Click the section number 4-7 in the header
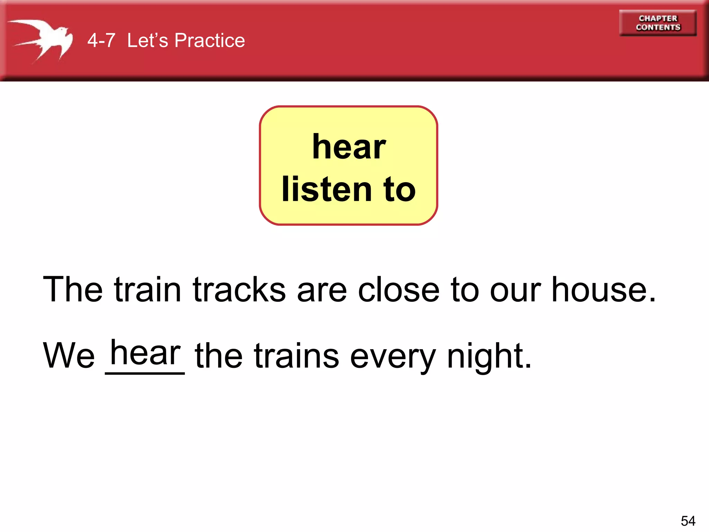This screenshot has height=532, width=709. pos(101,41)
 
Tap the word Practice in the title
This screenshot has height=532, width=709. pos(209,41)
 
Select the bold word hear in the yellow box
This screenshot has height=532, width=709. pos(349,147)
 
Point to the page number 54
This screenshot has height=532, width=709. pos(688,521)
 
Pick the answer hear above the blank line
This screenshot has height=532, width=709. pos(145,353)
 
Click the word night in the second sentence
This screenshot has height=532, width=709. pos(488,356)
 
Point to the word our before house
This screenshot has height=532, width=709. pos(515,290)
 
